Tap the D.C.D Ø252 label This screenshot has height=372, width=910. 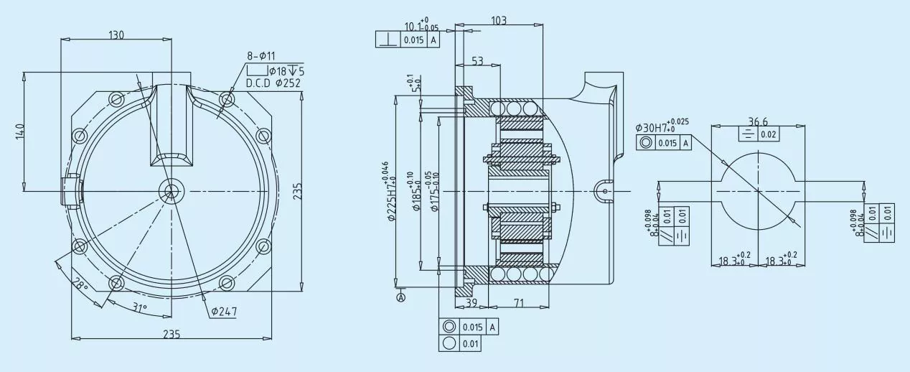[273, 83]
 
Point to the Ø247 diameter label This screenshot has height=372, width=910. [225, 312]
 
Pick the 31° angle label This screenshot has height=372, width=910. [140, 307]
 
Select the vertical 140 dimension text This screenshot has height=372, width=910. [19, 131]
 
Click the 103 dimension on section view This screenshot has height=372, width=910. [499, 21]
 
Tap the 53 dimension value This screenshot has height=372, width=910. [477, 62]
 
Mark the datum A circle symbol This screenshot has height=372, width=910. [400, 297]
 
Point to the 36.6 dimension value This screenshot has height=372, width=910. [758, 122]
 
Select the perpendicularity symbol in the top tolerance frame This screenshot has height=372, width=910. [388, 39]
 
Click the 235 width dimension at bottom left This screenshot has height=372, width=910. [171, 334]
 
